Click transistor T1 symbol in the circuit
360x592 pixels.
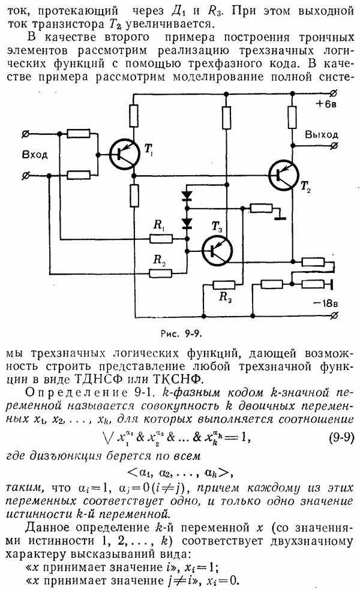coord(124,154)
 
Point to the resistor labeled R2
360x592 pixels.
coord(161,273)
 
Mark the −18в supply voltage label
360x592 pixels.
coord(326,303)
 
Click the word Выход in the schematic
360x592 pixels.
coord(322,134)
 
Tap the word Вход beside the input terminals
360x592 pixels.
coord(34,154)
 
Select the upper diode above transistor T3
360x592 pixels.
coord(187,196)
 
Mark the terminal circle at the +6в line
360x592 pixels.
coord(334,93)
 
